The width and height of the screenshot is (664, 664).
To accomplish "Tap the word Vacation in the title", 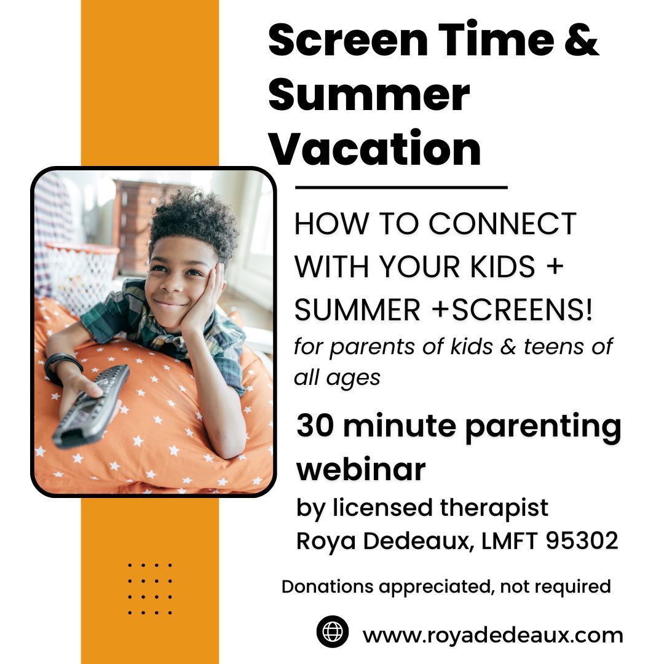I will pyautogui.click(x=375, y=149).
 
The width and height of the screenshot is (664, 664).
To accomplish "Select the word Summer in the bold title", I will pyautogui.click(x=368, y=95).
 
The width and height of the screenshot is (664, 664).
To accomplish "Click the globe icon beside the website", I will pyautogui.click(x=333, y=632).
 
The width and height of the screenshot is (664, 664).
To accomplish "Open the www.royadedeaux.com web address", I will pyautogui.click(x=492, y=634).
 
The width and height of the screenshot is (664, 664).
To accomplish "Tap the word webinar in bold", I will pyautogui.click(x=361, y=469).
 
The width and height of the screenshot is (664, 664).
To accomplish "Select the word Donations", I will pyautogui.click(x=327, y=586).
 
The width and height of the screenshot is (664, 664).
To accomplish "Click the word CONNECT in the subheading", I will pyautogui.click(x=502, y=223).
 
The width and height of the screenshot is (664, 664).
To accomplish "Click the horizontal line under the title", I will pyautogui.click(x=401, y=187).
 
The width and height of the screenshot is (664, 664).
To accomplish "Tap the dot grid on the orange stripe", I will pyautogui.click(x=150, y=588).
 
